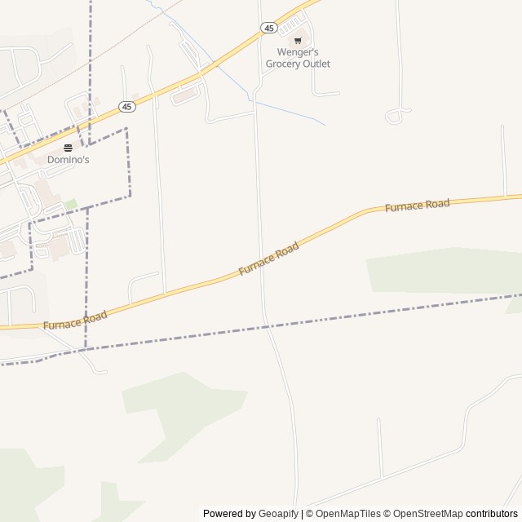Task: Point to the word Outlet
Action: point(316,64)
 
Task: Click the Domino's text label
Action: point(68,160)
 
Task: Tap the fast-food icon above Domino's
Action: point(68,148)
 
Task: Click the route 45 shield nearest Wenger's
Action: point(269,28)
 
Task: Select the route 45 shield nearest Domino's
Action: point(126,107)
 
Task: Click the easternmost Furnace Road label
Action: point(417,206)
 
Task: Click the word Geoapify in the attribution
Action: point(278,514)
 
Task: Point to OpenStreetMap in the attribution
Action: point(424,514)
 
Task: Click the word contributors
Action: point(492,514)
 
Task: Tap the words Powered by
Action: point(229,514)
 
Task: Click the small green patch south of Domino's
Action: point(71,203)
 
